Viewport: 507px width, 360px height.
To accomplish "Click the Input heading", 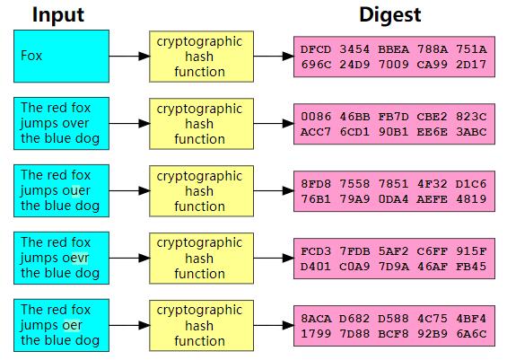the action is (x=58, y=15).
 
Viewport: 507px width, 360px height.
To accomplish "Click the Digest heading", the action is (x=390, y=15).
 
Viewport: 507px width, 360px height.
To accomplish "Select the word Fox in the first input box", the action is (x=31, y=56).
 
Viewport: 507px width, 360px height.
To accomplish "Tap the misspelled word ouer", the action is (x=75, y=190).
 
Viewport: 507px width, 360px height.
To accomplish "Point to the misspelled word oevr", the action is (x=74, y=258).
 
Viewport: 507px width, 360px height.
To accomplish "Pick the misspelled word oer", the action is (x=72, y=325).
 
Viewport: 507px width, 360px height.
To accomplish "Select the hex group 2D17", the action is (x=471, y=65).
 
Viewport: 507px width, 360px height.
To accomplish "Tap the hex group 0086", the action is (x=316, y=117).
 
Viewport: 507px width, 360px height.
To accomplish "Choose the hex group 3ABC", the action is (x=471, y=132).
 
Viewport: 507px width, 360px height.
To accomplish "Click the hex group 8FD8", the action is (x=316, y=184).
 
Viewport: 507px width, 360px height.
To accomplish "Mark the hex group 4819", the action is (x=471, y=199).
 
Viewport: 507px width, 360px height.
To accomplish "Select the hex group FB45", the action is (x=471, y=267).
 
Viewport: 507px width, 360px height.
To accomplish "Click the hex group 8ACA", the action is (x=316, y=319).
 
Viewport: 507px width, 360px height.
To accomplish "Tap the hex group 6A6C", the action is (x=471, y=333).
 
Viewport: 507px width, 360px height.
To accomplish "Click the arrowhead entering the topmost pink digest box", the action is (x=288, y=57).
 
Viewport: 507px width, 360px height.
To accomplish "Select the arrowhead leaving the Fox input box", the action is (x=144, y=57).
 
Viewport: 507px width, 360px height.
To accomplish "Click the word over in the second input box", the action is (x=74, y=123).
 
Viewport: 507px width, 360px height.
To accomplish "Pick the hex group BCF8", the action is (x=394, y=333).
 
